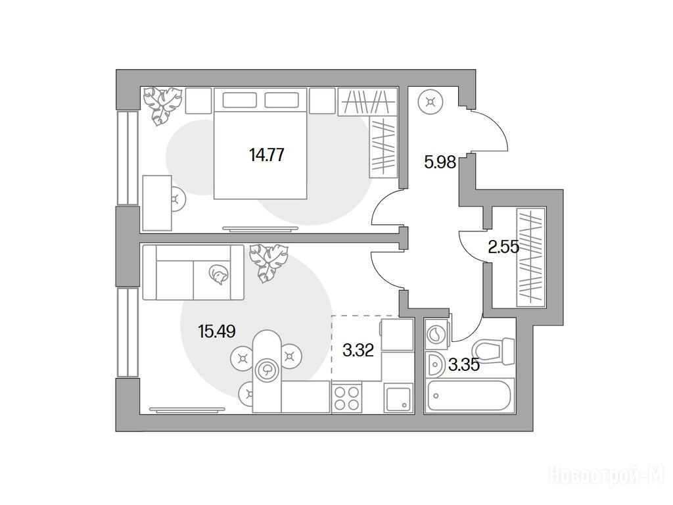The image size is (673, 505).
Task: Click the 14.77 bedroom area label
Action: (267, 155)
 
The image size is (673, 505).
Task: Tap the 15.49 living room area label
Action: (217, 331)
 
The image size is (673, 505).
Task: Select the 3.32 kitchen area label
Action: (358, 350)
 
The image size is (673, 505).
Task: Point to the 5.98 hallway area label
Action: (440, 162)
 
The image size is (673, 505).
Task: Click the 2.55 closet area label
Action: (504, 247)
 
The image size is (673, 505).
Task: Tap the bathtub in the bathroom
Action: (469, 395)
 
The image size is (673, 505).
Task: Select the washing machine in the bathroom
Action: (436, 333)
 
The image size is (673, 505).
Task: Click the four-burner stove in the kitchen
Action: (347, 398)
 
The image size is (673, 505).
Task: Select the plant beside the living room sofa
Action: (269, 263)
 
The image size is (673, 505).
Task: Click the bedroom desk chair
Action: (177, 199)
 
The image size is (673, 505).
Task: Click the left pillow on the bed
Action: (239, 100)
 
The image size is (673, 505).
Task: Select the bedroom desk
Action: (157, 203)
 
